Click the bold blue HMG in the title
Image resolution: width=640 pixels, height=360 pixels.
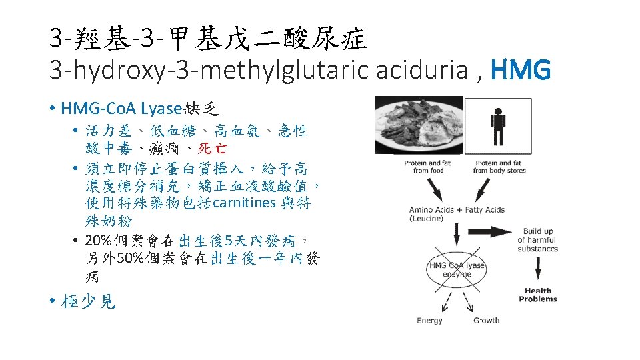coord(520,69)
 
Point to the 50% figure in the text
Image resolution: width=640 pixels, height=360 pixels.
coord(131,258)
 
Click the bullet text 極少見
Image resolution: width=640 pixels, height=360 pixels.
coord(88,302)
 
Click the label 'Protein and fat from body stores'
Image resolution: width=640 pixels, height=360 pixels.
coord(499,167)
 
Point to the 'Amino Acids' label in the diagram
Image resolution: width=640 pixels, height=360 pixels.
coord(431,210)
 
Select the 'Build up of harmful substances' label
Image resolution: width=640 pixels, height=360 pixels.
coord(537,240)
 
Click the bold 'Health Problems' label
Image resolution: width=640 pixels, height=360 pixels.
coord(537,295)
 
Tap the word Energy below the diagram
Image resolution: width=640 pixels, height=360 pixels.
coord(429,321)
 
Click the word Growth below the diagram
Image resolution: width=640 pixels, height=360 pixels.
coord(487,321)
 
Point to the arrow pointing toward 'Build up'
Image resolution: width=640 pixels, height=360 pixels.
coord(491,233)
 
